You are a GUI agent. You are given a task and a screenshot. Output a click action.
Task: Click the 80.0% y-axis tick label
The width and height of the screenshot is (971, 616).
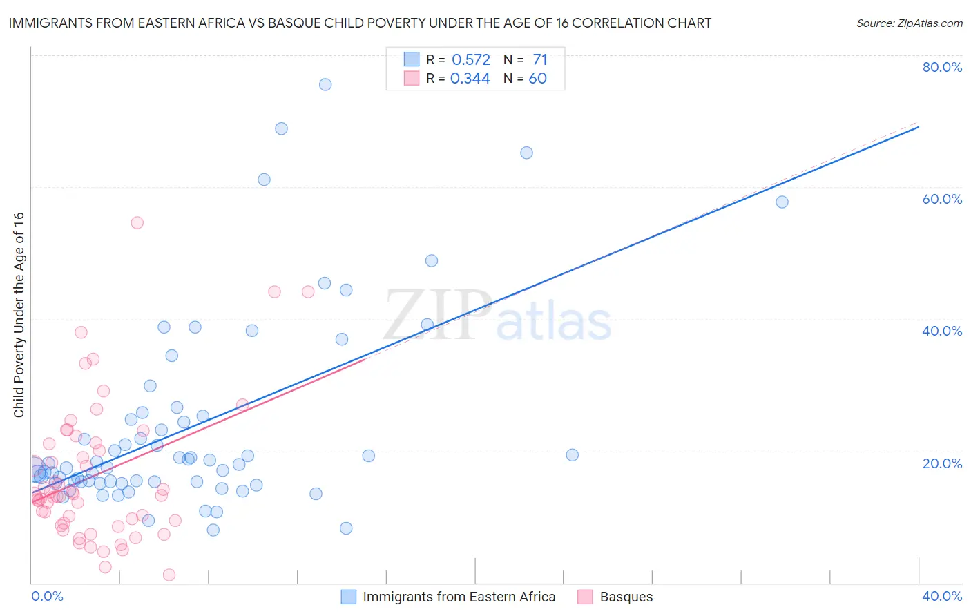coord(942,67)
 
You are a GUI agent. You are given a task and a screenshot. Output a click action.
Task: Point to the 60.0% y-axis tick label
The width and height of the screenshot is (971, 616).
coord(942,199)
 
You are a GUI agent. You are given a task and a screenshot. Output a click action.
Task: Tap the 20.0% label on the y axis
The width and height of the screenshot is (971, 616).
coord(942,463)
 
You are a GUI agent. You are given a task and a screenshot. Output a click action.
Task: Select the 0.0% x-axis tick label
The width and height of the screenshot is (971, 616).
coord(47,596)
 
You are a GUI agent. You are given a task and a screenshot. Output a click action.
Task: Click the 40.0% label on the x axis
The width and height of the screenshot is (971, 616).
coord(942,596)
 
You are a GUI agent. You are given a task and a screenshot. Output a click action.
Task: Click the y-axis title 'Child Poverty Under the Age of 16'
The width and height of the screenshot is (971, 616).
coord(19,315)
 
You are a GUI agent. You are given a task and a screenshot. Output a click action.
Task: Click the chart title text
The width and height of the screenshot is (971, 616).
coord(360,23)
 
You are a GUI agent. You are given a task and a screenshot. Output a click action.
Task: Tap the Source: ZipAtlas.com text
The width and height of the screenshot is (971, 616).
coord(909,23)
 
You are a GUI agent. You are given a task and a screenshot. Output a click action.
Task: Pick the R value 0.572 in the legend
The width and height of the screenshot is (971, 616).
coord(470,60)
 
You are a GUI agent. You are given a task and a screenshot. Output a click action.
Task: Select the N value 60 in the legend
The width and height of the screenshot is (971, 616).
coord(537,79)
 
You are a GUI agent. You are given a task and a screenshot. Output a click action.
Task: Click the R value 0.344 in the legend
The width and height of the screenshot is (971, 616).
coord(470,79)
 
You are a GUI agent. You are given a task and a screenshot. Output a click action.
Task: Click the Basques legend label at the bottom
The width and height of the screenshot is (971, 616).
coord(626,597)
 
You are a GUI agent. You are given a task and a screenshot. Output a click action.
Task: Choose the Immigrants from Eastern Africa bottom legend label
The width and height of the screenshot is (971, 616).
coord(459,597)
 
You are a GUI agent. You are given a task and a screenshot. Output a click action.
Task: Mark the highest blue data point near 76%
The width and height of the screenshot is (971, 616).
coord(325,84)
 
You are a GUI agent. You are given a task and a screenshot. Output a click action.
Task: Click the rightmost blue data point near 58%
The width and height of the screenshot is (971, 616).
coord(782,202)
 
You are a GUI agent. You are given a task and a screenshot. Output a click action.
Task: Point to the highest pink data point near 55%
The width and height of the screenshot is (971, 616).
coord(137,222)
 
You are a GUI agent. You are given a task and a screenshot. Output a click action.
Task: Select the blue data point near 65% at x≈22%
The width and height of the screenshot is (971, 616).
coord(526,153)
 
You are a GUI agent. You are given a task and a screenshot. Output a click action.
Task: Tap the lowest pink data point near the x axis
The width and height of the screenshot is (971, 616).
coord(169,575)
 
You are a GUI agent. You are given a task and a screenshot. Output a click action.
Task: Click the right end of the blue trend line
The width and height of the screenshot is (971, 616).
coord(919,127)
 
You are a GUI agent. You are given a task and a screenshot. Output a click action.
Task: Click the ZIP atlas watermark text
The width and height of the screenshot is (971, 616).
coord(497,316)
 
